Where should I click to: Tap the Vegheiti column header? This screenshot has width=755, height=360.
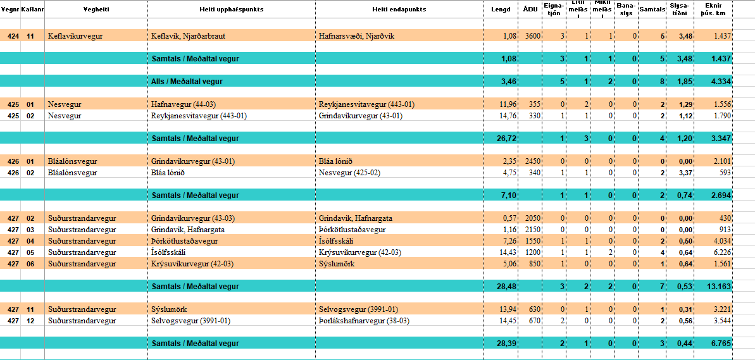[96, 9]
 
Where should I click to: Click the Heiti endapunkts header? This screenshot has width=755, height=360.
[399, 9]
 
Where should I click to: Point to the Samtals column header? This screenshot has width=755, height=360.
[652, 9]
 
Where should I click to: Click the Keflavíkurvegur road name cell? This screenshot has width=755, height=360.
[75, 36]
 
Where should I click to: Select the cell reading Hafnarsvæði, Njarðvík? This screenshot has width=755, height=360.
[356, 36]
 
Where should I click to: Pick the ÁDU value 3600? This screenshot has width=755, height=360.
[533, 36]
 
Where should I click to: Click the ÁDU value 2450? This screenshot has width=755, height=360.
[533, 161]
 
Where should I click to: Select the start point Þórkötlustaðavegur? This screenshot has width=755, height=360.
[184, 241]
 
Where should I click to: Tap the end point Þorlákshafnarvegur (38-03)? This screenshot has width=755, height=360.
[364, 321]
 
